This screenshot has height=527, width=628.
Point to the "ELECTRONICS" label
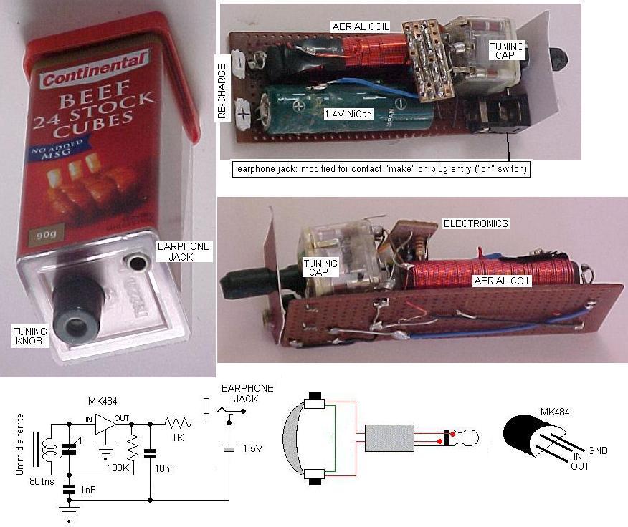(475, 223)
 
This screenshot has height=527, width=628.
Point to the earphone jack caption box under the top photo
(381, 170)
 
